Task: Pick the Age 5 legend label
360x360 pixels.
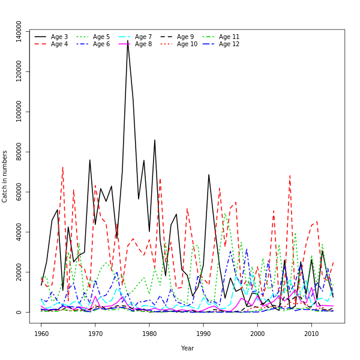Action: (x=101, y=37)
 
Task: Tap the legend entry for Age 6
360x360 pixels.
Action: (x=101, y=44)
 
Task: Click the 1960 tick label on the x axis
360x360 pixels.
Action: (x=41, y=333)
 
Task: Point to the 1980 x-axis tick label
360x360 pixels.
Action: (x=149, y=333)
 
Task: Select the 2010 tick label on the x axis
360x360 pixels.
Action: (x=311, y=333)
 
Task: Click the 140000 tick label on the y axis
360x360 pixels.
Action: (x=19, y=32)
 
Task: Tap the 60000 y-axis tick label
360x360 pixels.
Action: (x=19, y=192)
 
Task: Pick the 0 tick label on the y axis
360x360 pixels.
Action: (x=19, y=312)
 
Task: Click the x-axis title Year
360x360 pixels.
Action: (x=187, y=348)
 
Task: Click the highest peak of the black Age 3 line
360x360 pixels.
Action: (x=128, y=41)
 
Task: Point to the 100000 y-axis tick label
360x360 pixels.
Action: (x=19, y=112)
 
